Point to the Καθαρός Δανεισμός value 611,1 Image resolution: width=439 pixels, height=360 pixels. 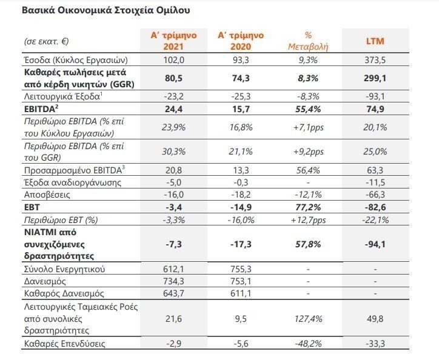click(238, 294)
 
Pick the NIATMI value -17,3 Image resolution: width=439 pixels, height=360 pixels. click(238, 242)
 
